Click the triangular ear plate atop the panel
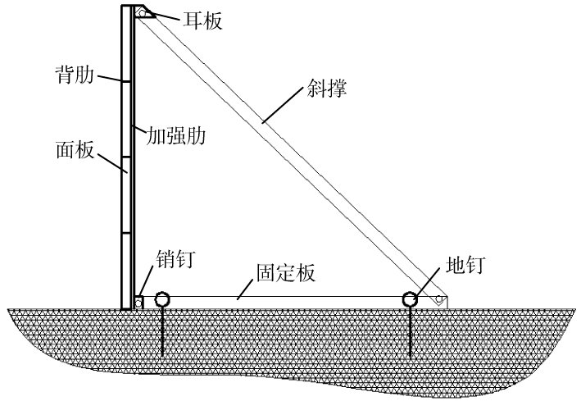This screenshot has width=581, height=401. coord(145,12)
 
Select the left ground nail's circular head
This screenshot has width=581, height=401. coord(163,299)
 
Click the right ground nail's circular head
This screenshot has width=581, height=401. coord(410,299)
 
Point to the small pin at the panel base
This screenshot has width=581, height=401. coord(138,303)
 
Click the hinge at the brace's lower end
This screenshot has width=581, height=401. coord(440,299)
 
